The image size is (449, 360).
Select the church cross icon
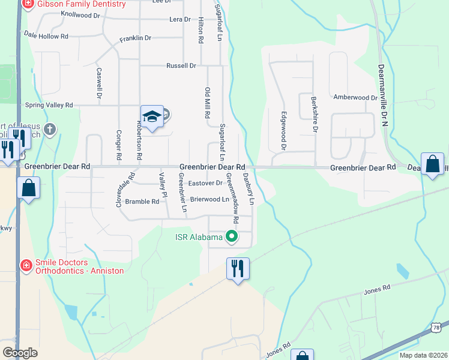pos(50,129)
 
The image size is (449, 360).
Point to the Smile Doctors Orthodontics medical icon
pos(26,265)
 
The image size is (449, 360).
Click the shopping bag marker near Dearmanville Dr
pos(432,165)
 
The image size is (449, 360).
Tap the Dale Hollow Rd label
pos(46,36)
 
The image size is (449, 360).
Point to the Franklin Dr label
pos(135,38)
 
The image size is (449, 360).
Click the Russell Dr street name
pos(181,65)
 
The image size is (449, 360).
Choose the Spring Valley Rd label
pos(49,104)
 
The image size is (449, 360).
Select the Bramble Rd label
pos(142,202)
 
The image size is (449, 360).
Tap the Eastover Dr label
pos(205,183)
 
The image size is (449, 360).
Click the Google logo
pos(20,352)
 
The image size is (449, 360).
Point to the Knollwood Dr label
pos(80,14)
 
